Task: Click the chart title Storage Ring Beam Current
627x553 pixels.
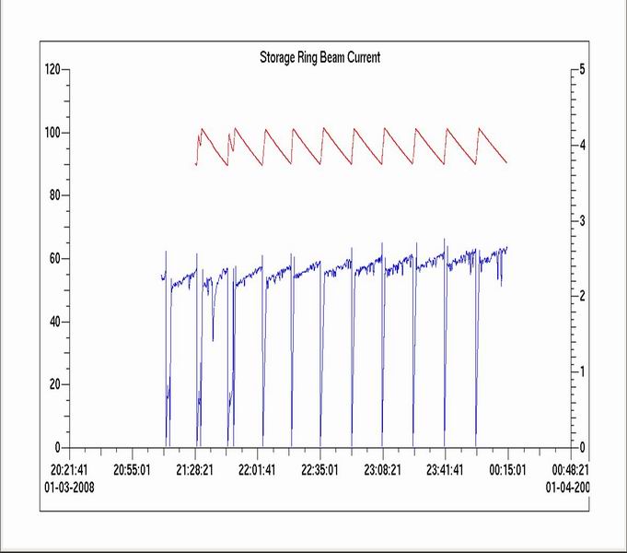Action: (x=319, y=57)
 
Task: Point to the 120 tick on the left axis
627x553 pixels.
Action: (x=52, y=70)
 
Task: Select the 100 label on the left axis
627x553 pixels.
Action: (x=52, y=133)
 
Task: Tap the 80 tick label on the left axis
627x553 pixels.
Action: (x=53, y=195)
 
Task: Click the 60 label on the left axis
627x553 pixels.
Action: (x=53, y=258)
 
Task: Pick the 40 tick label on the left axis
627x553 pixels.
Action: (x=53, y=322)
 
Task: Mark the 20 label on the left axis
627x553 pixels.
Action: (x=53, y=384)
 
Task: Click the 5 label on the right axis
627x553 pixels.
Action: (x=580, y=70)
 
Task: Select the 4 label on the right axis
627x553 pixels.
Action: (x=580, y=146)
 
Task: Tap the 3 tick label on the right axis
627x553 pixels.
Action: (x=580, y=221)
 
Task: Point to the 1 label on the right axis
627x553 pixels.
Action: (x=580, y=371)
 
